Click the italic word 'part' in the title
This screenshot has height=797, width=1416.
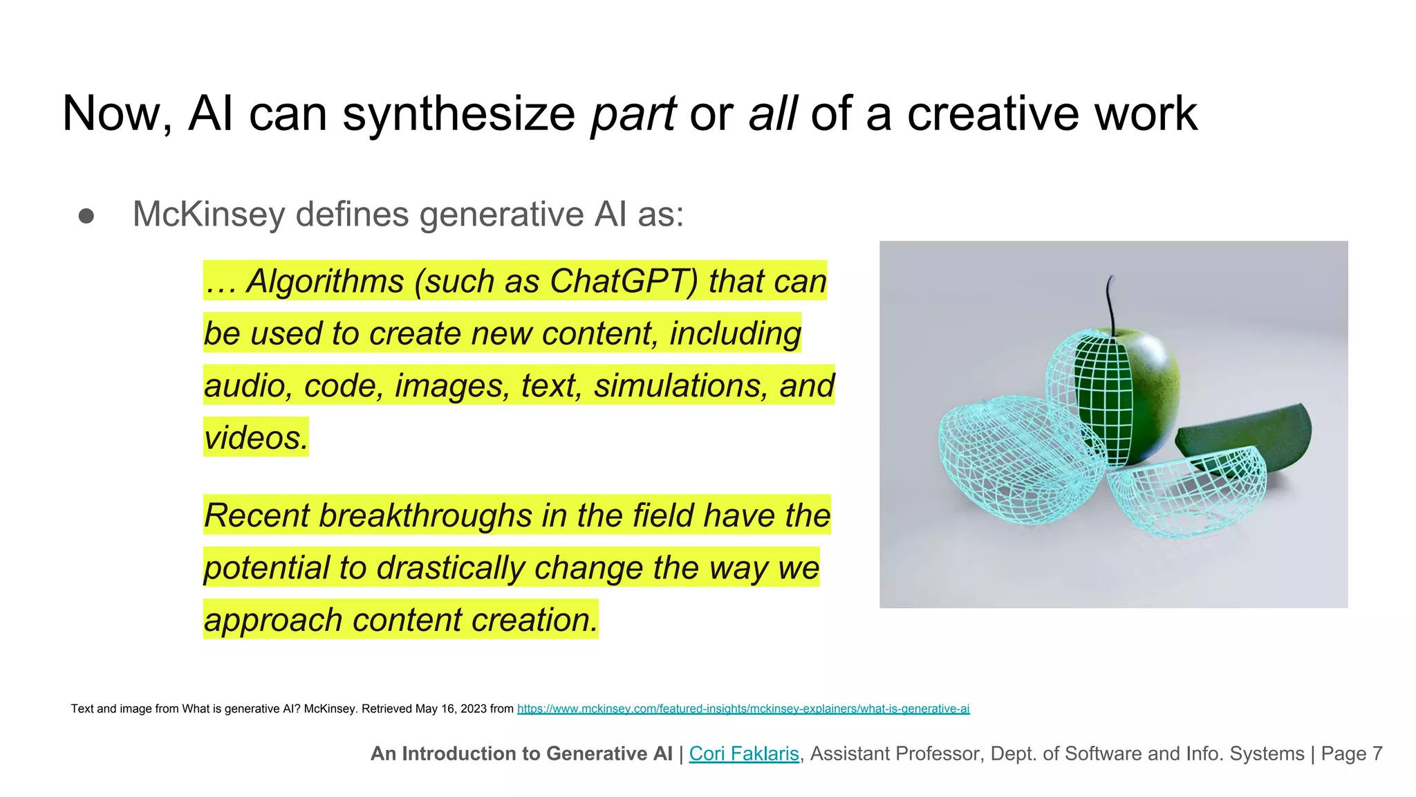point(633,114)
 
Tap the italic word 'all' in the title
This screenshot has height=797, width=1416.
point(773,114)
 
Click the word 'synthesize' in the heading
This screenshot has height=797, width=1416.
point(458,114)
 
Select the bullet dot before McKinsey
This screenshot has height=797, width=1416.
point(86,216)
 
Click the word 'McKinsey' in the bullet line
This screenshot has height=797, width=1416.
point(208,214)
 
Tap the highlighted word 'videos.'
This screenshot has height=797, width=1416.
point(256,438)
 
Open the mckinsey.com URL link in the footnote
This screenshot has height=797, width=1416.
point(743,708)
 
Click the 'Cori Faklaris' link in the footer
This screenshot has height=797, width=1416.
point(744,753)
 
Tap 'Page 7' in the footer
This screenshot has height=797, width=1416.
point(1351,753)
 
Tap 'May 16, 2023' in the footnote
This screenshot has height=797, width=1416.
point(451,708)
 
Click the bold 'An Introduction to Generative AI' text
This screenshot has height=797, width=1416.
point(521,753)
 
